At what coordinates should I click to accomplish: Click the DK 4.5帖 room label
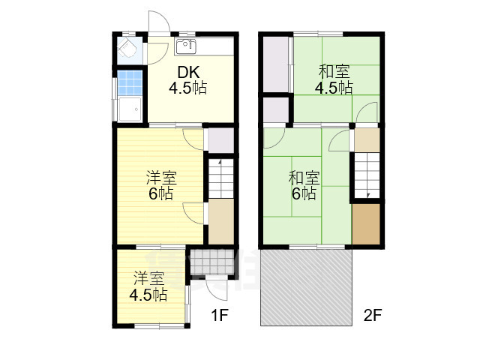(188, 80)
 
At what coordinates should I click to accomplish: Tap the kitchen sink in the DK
(185, 46)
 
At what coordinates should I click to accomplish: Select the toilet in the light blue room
(127, 49)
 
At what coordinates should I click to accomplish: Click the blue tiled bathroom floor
(130, 82)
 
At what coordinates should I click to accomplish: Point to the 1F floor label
(220, 315)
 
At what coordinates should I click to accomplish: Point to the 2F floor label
(373, 315)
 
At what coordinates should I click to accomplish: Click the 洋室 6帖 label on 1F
(161, 186)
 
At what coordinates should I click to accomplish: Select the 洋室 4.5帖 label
(148, 286)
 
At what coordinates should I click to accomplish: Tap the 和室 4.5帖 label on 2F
(334, 79)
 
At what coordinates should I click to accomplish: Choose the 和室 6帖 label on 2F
(304, 185)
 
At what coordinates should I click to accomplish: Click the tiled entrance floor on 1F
(212, 262)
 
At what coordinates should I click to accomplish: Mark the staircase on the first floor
(220, 178)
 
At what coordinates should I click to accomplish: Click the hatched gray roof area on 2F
(306, 287)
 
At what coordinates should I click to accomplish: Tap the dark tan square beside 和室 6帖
(366, 224)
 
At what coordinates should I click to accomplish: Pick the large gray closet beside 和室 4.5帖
(276, 64)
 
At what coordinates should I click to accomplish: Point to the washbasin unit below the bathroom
(130, 109)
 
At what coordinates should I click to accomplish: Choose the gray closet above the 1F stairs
(220, 140)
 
